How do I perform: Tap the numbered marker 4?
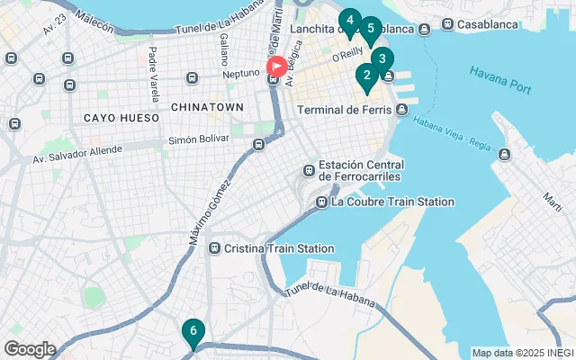(349, 21)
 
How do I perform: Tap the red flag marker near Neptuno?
(277, 67)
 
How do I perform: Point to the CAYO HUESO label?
(121, 118)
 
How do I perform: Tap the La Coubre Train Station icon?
(321, 202)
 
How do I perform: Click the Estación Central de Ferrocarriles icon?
(309, 169)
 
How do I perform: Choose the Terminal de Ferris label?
(345, 110)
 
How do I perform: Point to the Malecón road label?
(94, 19)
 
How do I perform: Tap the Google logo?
(30, 349)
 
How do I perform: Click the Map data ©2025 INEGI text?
(522, 353)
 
